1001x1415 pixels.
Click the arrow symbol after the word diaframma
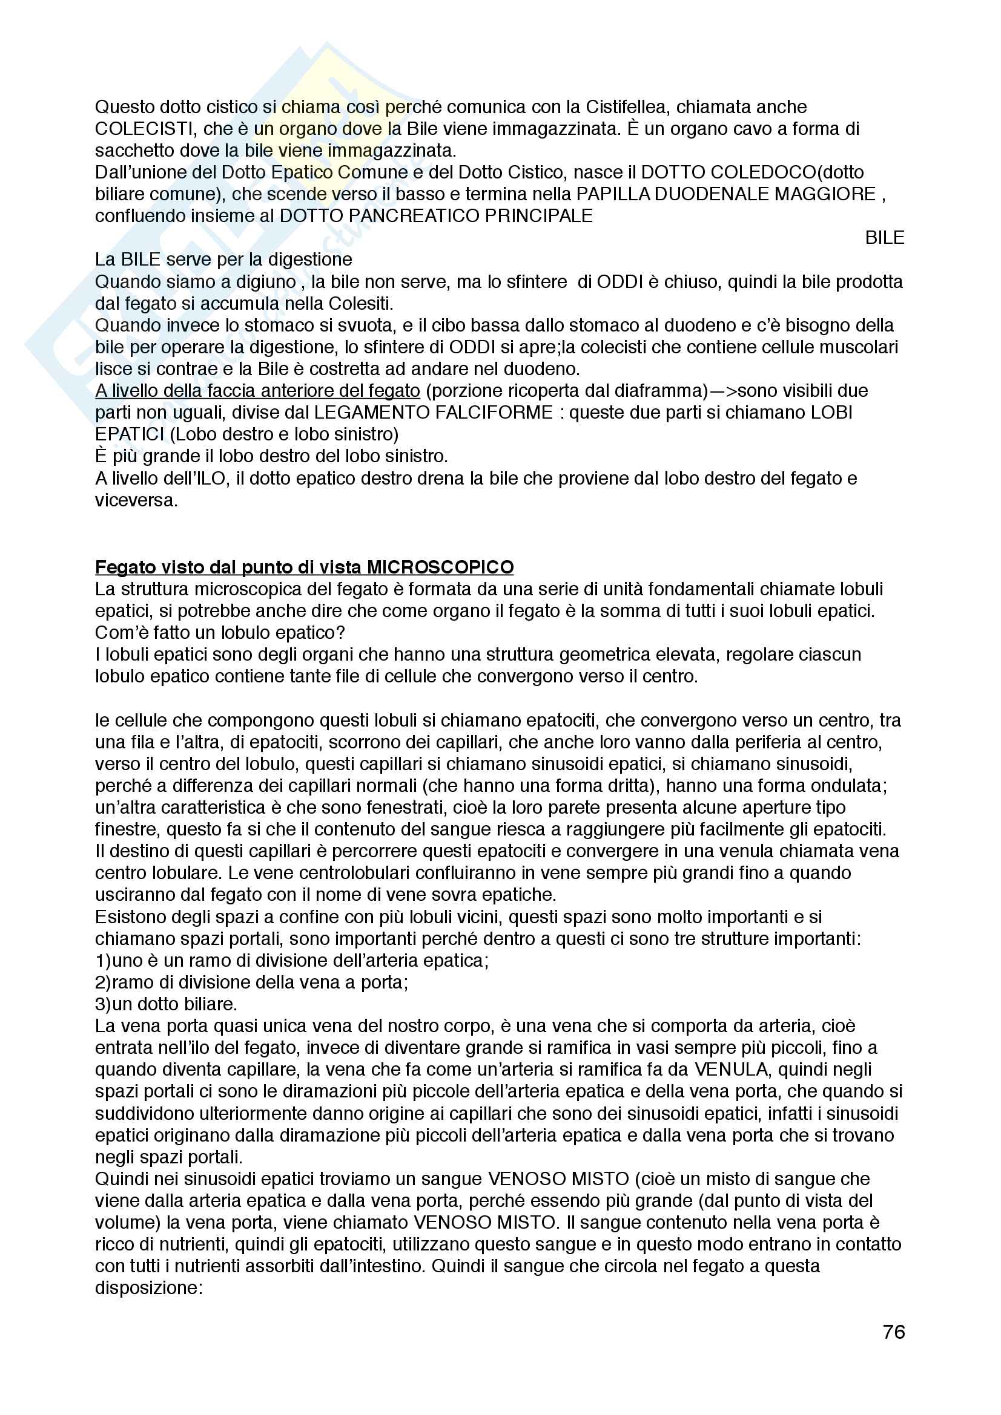(x=722, y=391)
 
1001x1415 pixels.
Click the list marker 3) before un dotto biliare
(x=103, y=1004)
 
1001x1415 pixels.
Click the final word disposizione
(x=148, y=1288)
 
